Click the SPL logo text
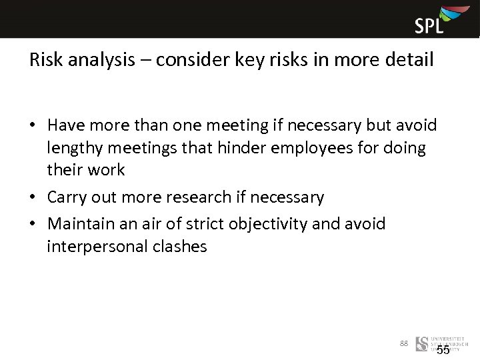tap(429, 25)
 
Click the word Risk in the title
tap(45, 60)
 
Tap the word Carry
tap(67, 198)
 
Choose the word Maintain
tap(82, 223)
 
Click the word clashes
tap(181, 247)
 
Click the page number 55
tap(443, 350)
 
